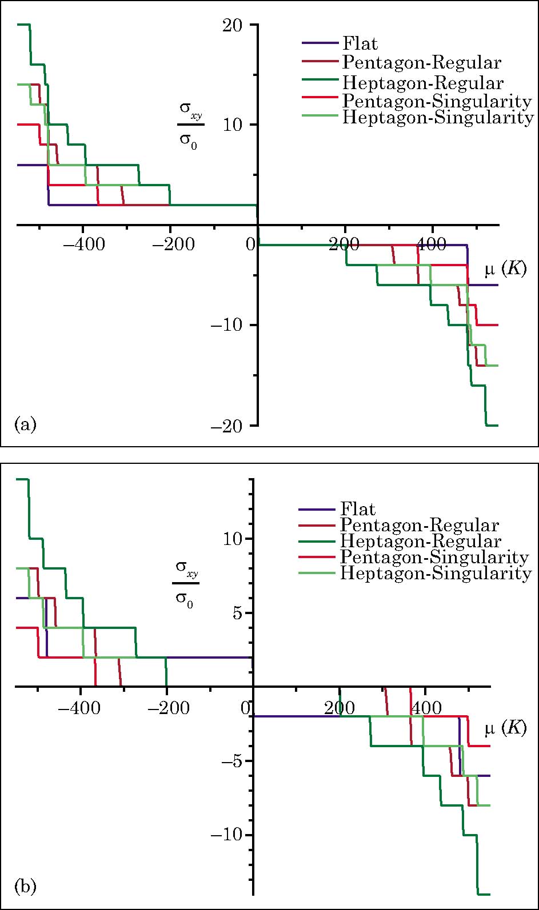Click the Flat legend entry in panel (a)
tap(360, 43)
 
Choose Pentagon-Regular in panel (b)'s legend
tap(420, 525)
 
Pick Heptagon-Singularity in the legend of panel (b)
tap(436, 573)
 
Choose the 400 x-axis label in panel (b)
tap(426, 709)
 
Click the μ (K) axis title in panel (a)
tap(505, 269)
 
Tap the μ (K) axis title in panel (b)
tap(505, 729)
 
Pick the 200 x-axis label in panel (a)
tap(345, 245)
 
